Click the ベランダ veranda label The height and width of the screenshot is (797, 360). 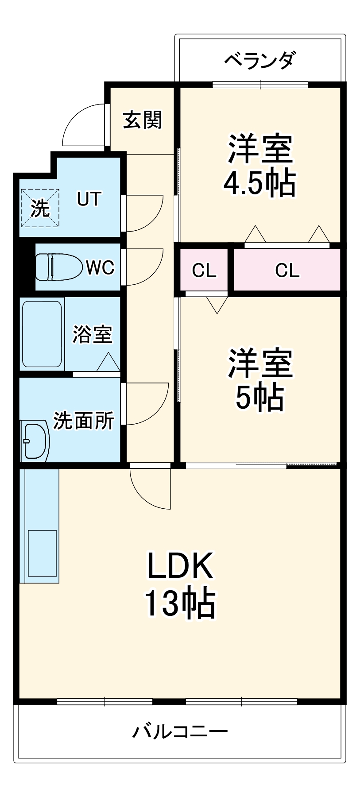click(259, 60)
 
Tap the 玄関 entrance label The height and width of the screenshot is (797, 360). click(142, 120)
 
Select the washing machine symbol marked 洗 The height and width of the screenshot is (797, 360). click(40, 207)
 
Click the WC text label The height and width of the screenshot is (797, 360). click(100, 267)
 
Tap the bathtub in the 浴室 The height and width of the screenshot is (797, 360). click(42, 334)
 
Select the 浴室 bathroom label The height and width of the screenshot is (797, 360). click(92, 334)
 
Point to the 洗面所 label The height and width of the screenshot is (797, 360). click(83, 421)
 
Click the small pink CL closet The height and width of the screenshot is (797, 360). click(204, 270)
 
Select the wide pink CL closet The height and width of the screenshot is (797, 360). click(287, 270)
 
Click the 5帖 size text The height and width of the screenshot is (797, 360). click(259, 397)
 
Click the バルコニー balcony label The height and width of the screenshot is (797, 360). click(180, 731)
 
